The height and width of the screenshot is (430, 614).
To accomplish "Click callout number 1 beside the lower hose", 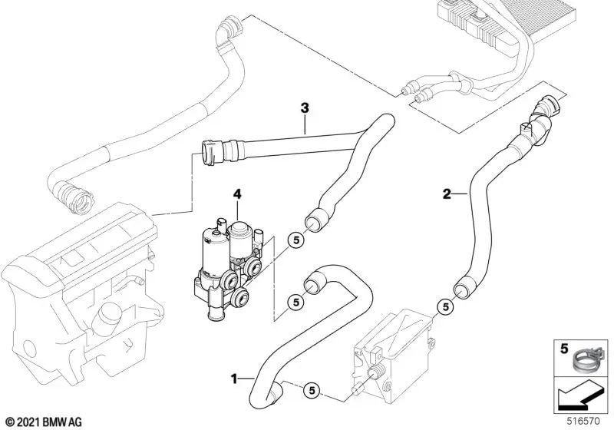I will point(233,378).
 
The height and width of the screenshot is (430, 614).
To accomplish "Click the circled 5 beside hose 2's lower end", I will point(443,306).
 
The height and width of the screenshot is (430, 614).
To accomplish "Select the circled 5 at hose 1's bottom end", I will point(312,389).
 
